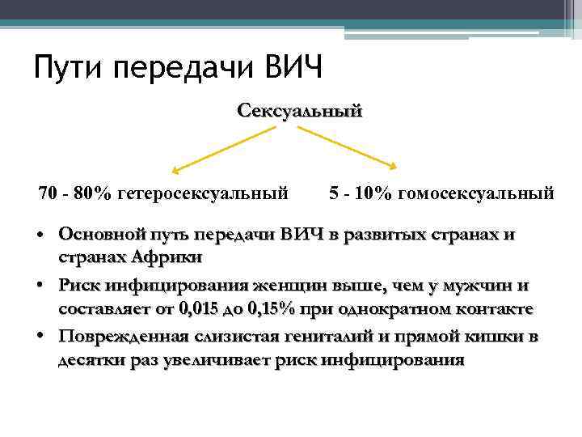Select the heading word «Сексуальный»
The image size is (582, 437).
click(300, 109)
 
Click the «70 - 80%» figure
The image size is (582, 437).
click(75, 194)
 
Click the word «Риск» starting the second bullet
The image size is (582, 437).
click(78, 286)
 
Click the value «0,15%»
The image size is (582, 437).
click(272, 308)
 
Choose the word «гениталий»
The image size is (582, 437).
click(339, 337)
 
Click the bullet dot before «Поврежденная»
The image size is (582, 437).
click(40, 337)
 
